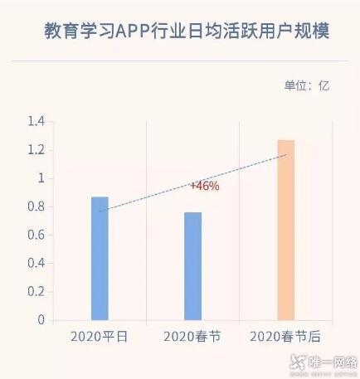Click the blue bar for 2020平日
click(100, 258)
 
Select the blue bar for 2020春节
click(192, 265)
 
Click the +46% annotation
click(204, 187)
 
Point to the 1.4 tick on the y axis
click(35, 122)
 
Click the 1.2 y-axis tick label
click(35, 150)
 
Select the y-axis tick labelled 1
click(39, 178)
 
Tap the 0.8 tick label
click(35, 207)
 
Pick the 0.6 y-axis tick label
click(35, 235)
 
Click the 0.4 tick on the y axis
click(35, 263)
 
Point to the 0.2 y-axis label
click(35, 291)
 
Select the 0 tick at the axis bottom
click(39, 319)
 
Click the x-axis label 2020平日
click(100, 336)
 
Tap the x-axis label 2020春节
click(192, 336)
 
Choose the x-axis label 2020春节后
click(285, 336)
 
